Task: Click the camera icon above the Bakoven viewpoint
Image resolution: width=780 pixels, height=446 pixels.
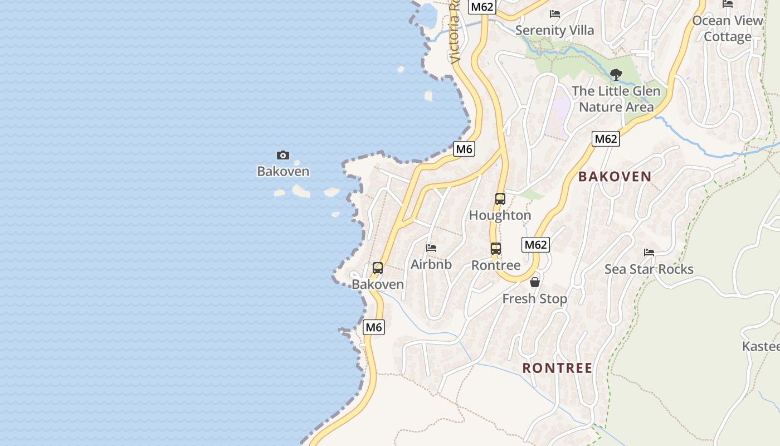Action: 283,155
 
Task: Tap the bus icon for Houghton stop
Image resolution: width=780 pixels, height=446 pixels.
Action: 500,199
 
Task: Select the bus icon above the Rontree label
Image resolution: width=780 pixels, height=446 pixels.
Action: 496,249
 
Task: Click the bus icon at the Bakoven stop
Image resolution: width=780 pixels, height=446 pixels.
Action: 378,268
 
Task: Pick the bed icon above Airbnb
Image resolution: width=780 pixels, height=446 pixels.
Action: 431,248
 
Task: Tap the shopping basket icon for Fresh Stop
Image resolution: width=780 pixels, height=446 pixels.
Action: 535,282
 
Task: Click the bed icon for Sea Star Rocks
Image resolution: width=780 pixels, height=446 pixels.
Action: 649,253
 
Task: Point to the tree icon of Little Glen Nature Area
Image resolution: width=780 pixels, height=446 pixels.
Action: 616,74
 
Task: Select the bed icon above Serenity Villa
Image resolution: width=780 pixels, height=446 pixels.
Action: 555,14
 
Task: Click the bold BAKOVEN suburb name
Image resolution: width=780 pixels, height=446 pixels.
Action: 615,177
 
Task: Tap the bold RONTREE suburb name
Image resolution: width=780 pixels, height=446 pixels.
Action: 557,368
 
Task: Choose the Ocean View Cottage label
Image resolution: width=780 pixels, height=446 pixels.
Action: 727,28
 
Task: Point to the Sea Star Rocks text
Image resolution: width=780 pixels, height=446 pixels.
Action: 649,269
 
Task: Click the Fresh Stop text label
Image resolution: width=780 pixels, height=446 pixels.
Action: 535,299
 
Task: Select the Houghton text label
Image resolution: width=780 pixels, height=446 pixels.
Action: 500,215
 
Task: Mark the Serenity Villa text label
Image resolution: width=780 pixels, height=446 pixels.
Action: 555,30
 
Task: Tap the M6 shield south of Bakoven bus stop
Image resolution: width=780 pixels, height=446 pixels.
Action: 373,327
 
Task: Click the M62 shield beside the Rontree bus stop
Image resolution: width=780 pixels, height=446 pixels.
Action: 535,245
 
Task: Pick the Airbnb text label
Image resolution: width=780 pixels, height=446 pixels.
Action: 431,264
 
